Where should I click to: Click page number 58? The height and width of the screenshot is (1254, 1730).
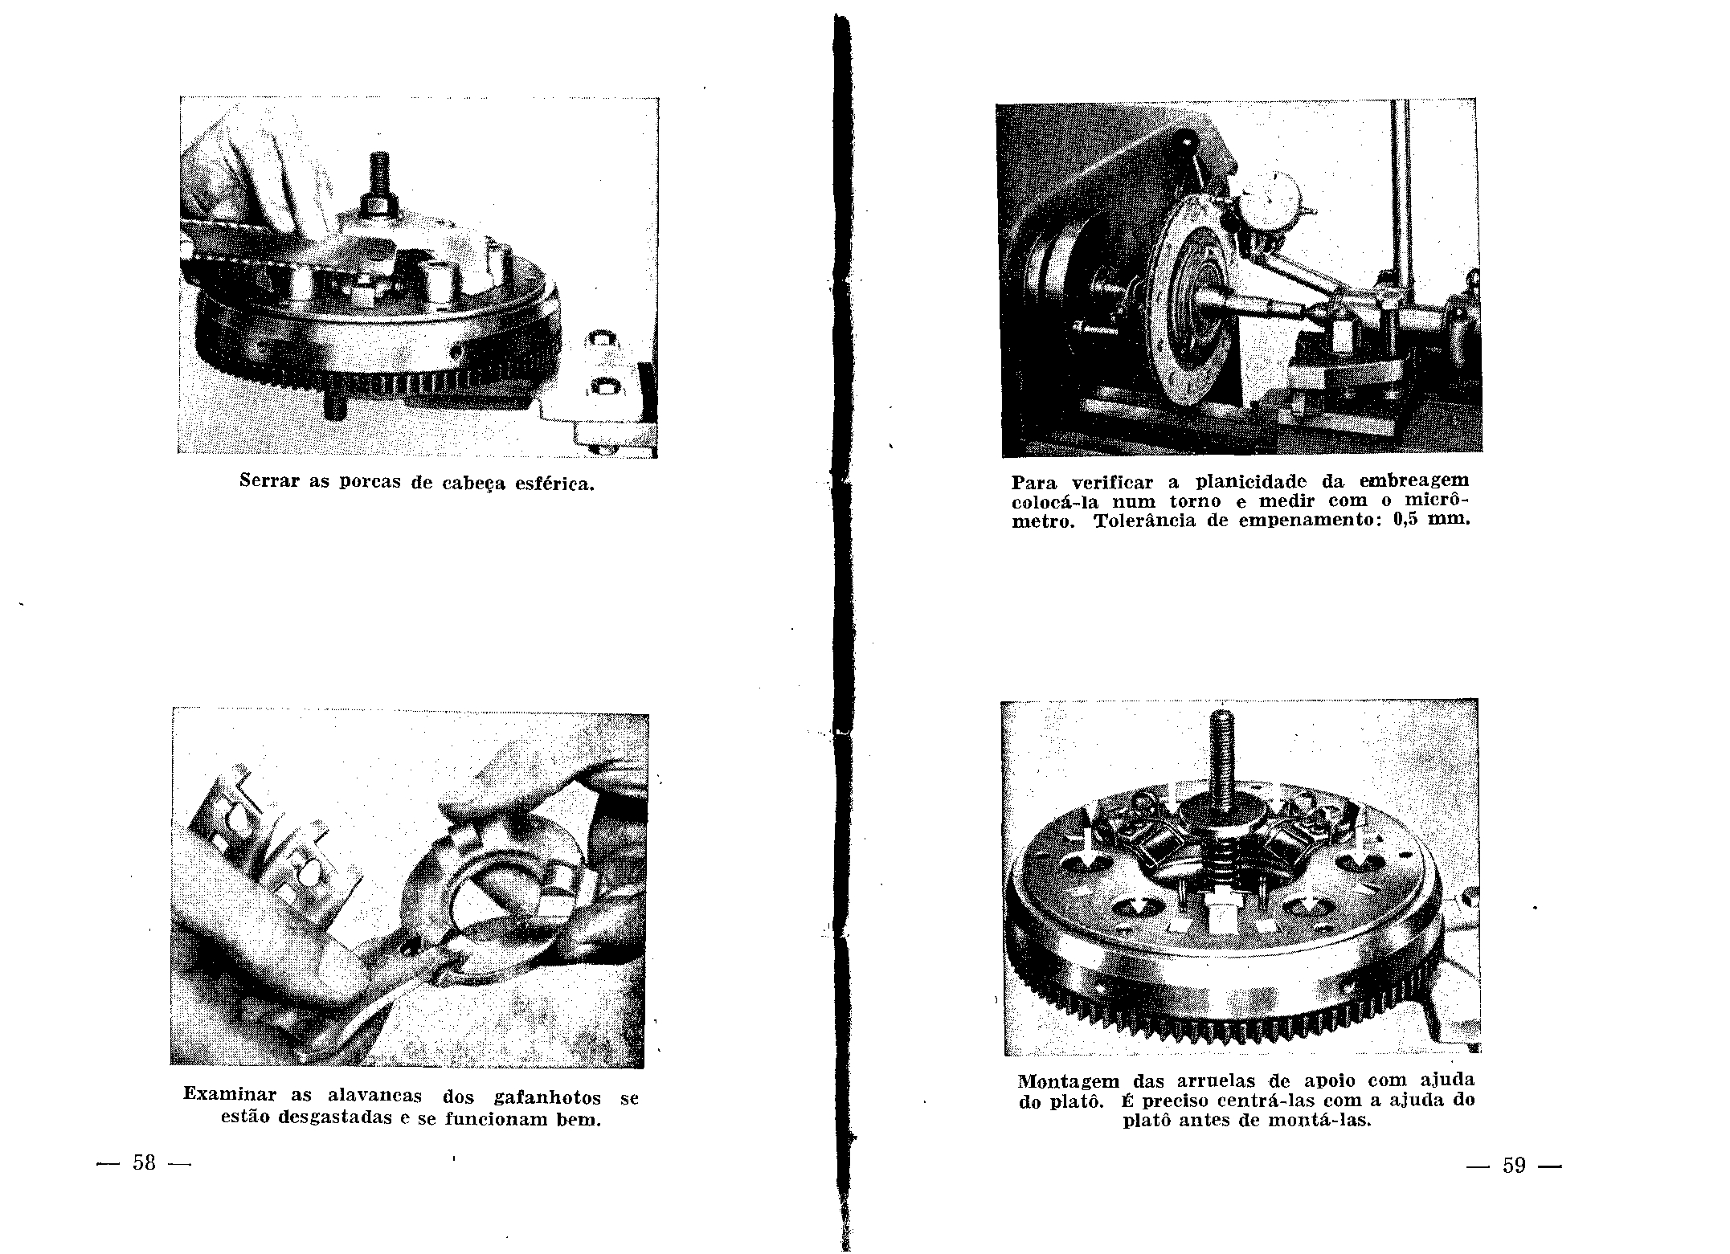pos(145,1162)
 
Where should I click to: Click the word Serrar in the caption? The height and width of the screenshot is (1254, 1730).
pos(271,481)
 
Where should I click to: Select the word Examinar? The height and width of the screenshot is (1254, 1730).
pos(230,1094)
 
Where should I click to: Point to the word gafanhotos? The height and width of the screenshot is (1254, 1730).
pos(547,1097)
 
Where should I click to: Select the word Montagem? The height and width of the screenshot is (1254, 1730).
pos(1064,1081)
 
